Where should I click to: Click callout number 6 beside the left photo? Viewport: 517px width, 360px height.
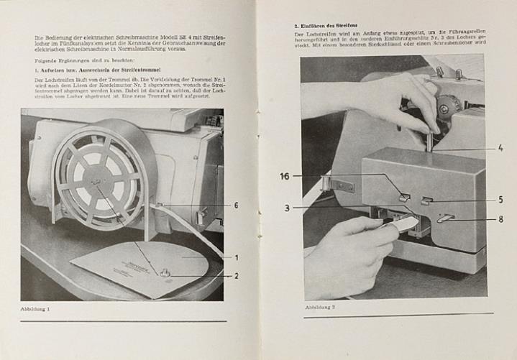(x=236, y=205)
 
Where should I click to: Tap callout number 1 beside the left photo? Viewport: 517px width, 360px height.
(x=236, y=257)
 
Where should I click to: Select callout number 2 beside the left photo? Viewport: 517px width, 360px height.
(x=236, y=275)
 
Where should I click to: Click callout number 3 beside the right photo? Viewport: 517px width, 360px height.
(x=287, y=208)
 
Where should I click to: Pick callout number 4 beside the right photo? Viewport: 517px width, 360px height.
(x=500, y=149)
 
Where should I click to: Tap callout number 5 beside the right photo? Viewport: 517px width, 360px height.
(x=500, y=200)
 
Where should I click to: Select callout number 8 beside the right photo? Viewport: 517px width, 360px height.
(x=500, y=219)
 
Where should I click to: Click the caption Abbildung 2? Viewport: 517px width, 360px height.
(x=320, y=307)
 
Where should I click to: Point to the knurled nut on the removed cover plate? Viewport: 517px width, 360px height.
(x=164, y=273)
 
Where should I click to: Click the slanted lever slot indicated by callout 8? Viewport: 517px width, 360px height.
(x=446, y=218)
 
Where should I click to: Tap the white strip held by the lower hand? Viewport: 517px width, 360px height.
(x=405, y=225)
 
